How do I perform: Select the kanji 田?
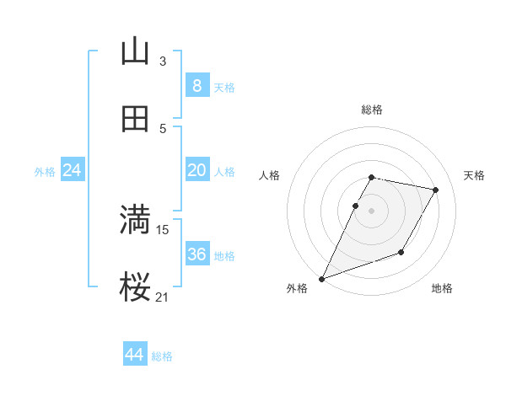[135, 120]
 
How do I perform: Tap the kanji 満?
[135, 221]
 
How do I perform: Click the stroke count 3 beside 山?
[163, 61]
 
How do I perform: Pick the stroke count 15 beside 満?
[163, 229]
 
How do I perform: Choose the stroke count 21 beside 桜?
[163, 297]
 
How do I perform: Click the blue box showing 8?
[196, 85]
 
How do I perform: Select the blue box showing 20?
[196, 170]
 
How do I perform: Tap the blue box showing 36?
[196, 254]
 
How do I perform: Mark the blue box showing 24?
[73, 170]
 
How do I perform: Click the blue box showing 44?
[135, 355]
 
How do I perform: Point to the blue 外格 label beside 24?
[45, 171]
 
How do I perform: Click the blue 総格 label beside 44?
[162, 356]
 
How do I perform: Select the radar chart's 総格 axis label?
[372, 110]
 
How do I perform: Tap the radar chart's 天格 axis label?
[475, 175]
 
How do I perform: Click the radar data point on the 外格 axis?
[321, 279]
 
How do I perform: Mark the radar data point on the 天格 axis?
[436, 190]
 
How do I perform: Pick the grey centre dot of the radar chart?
[372, 210]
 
